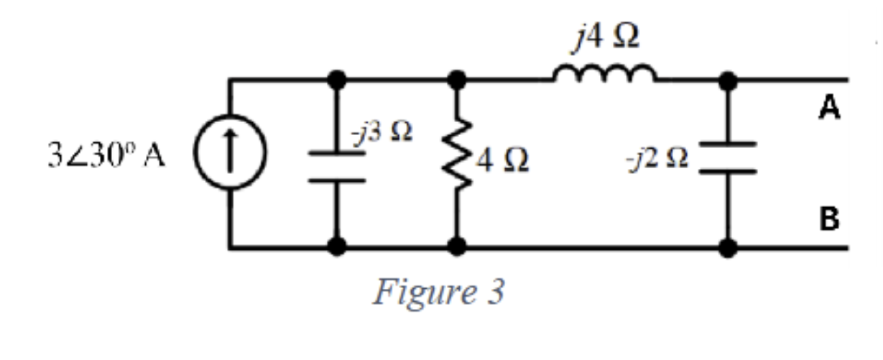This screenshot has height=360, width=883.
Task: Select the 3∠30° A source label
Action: [106, 157]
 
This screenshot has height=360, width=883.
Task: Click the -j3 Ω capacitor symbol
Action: [337, 165]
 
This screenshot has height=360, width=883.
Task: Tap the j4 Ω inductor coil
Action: [604, 73]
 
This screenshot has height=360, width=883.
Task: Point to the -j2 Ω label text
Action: [660, 158]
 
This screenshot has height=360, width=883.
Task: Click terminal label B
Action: [829, 218]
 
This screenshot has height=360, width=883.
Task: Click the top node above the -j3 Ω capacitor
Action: [337, 79]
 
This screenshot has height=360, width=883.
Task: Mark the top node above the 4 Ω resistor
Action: [458, 79]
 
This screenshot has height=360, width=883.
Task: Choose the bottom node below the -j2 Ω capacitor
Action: [728, 248]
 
